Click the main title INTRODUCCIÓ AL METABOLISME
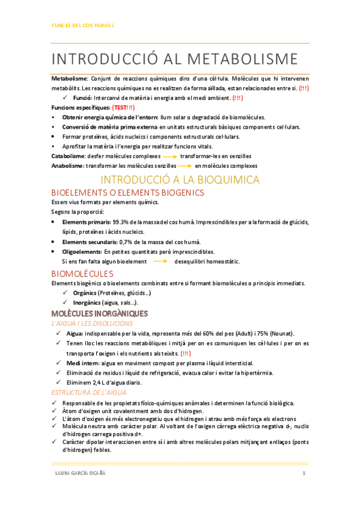click(x=174, y=59)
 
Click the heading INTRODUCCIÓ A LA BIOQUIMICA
click(x=180, y=180)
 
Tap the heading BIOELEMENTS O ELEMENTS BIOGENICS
click(x=128, y=193)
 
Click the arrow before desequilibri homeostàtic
click(x=160, y=262)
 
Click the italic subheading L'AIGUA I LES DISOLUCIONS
click(x=91, y=324)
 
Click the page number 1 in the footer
click(x=304, y=475)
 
